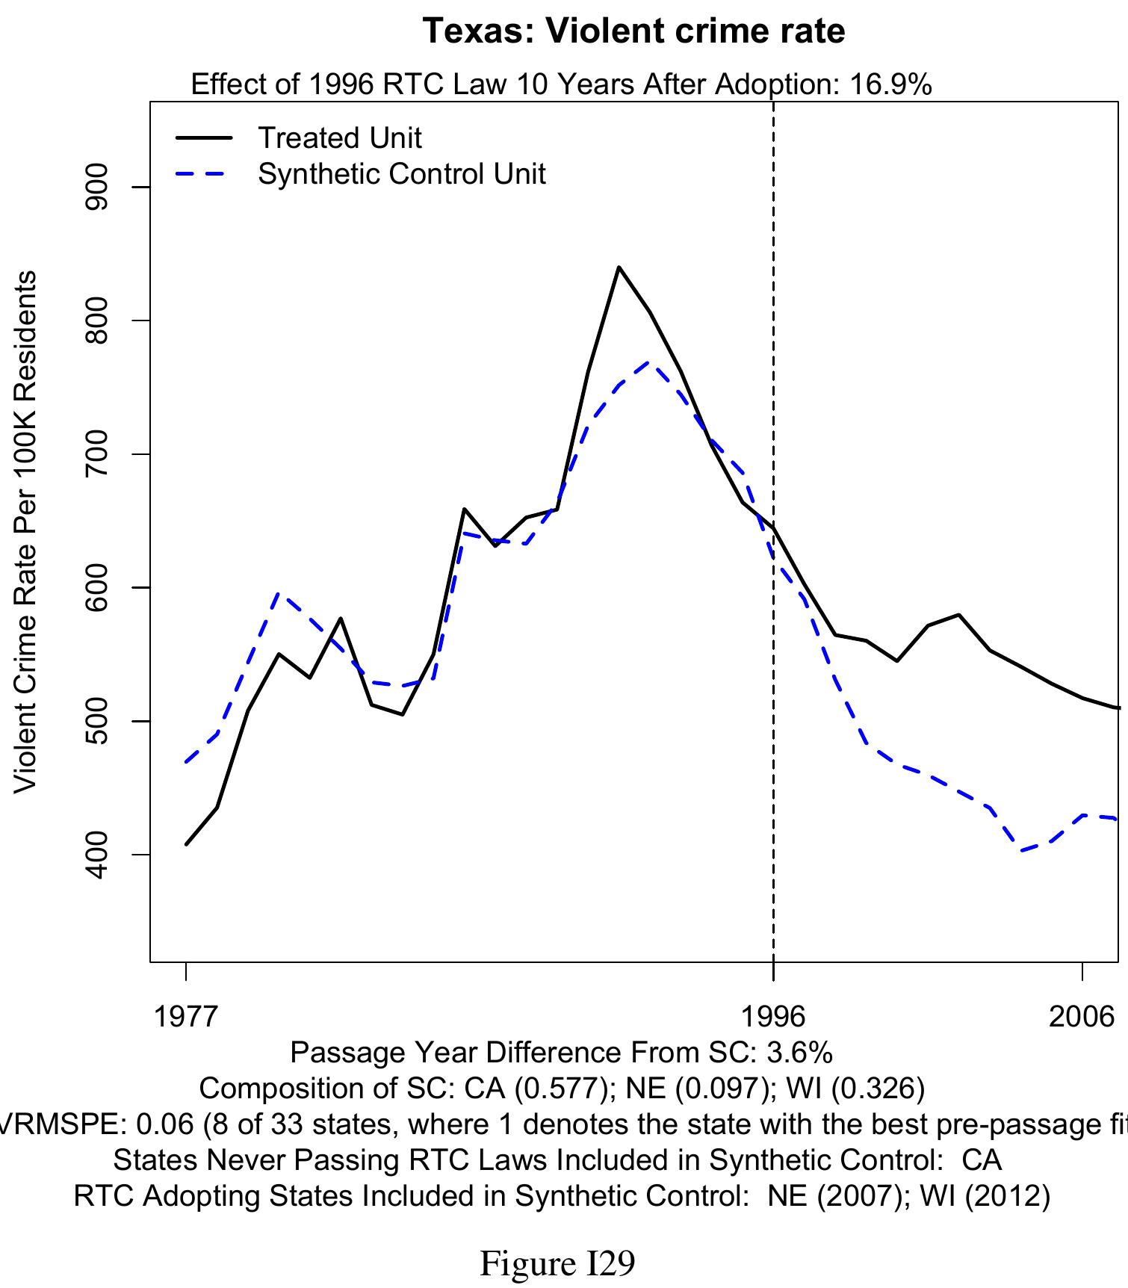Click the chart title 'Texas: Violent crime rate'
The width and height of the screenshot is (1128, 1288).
pyautogui.click(x=633, y=31)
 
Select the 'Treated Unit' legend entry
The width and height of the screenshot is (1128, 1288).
pyautogui.click(x=339, y=138)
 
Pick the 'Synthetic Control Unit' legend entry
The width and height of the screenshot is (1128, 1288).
pyautogui.click(x=401, y=174)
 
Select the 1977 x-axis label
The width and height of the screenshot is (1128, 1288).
pyautogui.click(x=185, y=1017)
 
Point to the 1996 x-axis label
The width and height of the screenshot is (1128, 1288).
pyautogui.click(x=773, y=1017)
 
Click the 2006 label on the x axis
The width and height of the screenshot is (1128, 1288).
pyautogui.click(x=1082, y=1017)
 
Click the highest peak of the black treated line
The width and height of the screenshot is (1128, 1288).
pyautogui.click(x=619, y=267)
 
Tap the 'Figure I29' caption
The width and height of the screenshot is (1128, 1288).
pyautogui.click(x=557, y=1263)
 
